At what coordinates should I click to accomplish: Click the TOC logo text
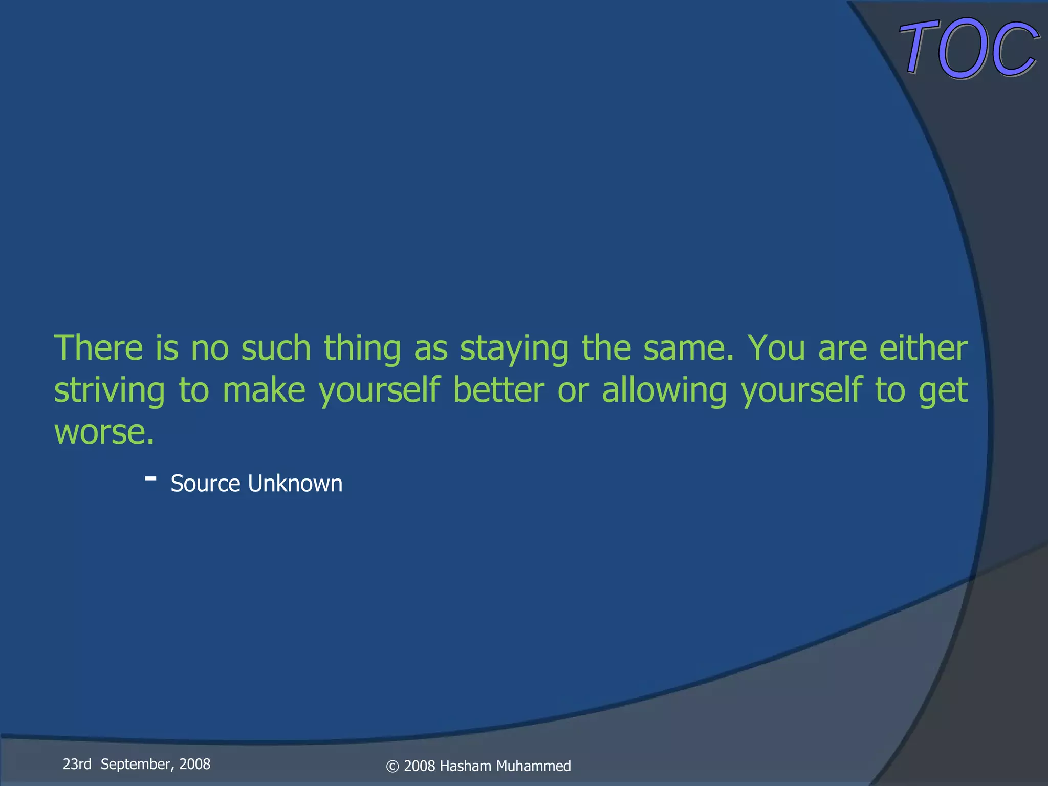coord(969,49)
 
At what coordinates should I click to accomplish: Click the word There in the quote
coord(98,348)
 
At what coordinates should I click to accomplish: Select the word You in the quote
coord(776,348)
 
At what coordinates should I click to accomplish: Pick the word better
coord(498,390)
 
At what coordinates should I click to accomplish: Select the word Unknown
coord(295,484)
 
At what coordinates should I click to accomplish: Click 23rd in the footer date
coord(77,764)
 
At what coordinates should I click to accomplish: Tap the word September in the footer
coord(137,764)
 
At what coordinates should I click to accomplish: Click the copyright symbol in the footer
coord(392,767)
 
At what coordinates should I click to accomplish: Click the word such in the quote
coord(276,348)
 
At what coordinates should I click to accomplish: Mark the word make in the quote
coord(264,390)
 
